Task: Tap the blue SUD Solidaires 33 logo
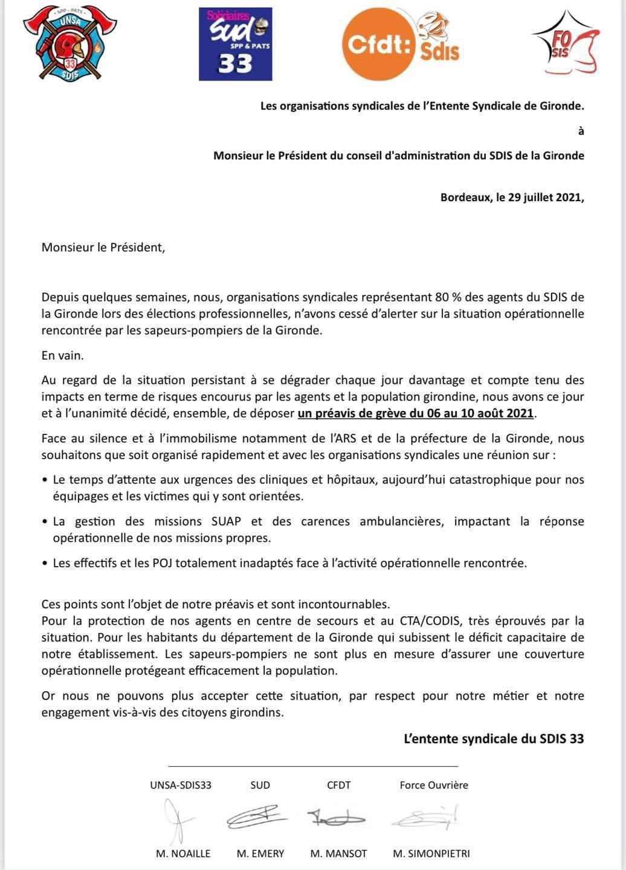click(x=235, y=44)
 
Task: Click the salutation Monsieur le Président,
click(x=103, y=247)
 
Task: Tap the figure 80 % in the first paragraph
click(x=449, y=297)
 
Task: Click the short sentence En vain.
click(x=62, y=355)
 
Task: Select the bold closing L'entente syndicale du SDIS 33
click(x=494, y=738)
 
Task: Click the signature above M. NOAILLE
click(x=176, y=819)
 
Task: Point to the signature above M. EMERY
click(x=256, y=817)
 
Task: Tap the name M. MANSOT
click(x=338, y=854)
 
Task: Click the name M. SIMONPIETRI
click(x=431, y=854)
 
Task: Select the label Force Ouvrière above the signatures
click(x=434, y=785)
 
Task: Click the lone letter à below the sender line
click(x=581, y=130)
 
